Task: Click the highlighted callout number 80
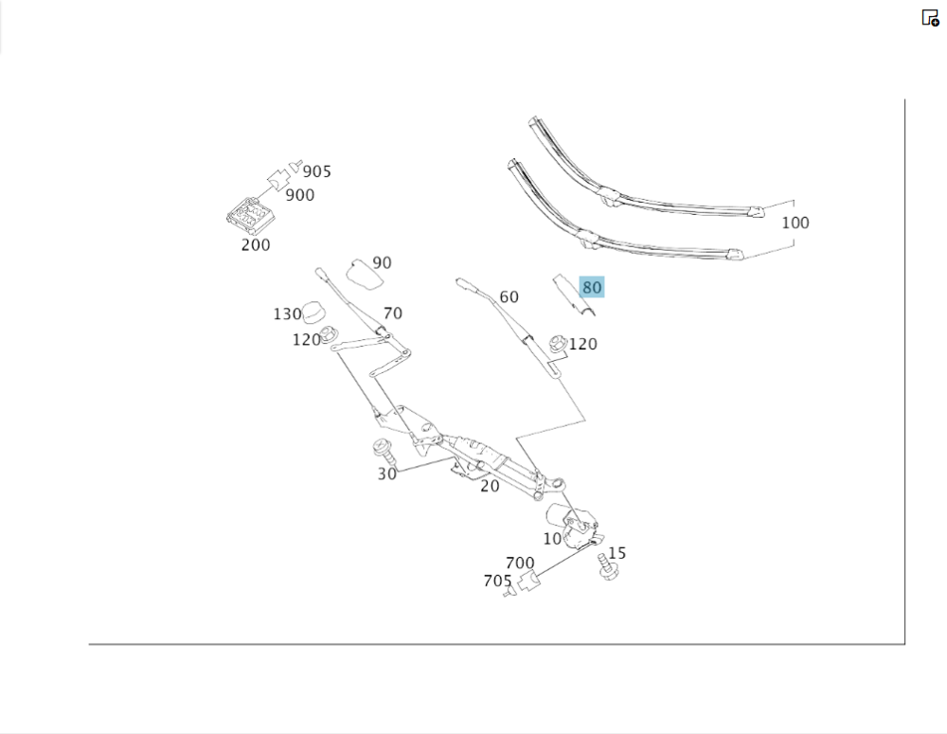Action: point(592,287)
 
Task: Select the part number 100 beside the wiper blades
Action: point(795,223)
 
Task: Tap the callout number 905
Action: point(317,171)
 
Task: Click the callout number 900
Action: point(300,195)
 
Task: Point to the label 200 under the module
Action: point(256,244)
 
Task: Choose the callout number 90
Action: point(382,262)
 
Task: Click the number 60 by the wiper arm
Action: point(509,296)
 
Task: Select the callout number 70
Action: point(392,313)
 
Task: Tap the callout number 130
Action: point(287,313)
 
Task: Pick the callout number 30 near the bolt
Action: point(386,474)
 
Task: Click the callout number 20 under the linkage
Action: point(490,486)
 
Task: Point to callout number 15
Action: point(616,553)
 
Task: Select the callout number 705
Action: point(497,581)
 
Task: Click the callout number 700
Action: point(520,563)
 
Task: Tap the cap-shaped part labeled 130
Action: point(314,310)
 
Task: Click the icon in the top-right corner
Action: point(930,17)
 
